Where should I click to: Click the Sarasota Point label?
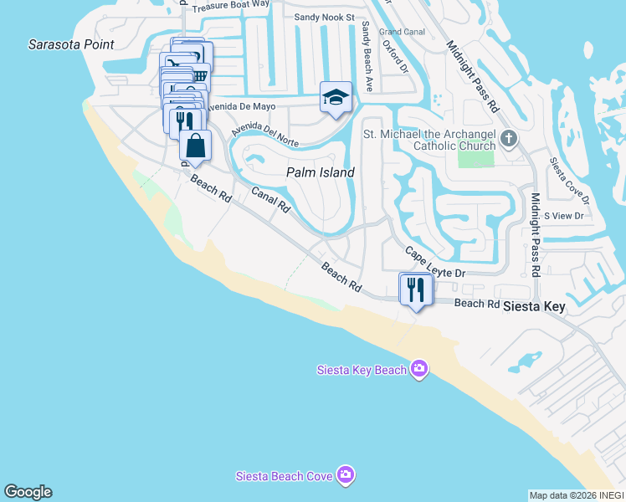pos(70,44)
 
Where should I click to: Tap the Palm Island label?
pos(321,172)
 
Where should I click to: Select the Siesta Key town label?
pos(534,307)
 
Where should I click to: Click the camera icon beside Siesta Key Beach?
pos(419,369)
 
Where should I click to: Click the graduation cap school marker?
pos(336,97)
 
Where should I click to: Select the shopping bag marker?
pos(195,146)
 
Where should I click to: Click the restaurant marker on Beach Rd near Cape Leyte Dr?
pos(416,289)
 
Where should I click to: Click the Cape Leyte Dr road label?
pos(435,263)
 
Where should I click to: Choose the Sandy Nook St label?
pos(325,17)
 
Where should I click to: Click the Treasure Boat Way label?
pos(230,7)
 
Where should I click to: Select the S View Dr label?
pos(563,216)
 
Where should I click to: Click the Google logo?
pos(28,492)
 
